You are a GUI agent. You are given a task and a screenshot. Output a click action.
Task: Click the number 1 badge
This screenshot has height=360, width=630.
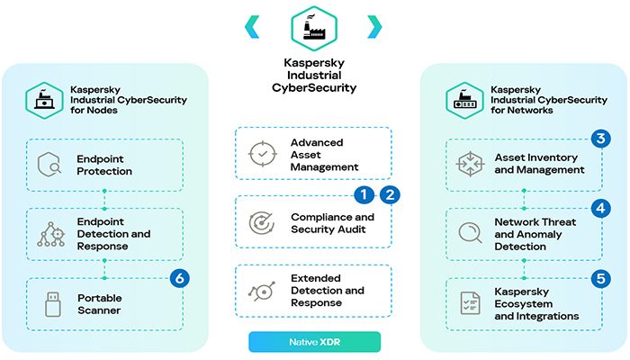[x=364, y=193]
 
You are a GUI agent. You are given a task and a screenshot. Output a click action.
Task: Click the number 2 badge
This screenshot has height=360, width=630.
[x=389, y=193]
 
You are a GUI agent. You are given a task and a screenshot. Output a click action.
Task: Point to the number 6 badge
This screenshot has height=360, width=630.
[x=181, y=278]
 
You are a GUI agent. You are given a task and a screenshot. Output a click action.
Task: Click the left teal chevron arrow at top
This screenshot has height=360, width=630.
[x=253, y=27]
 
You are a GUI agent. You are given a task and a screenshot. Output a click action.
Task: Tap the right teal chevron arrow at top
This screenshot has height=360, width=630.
[x=374, y=27]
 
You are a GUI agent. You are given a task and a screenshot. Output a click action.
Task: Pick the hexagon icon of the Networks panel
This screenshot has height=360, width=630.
[x=464, y=98]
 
